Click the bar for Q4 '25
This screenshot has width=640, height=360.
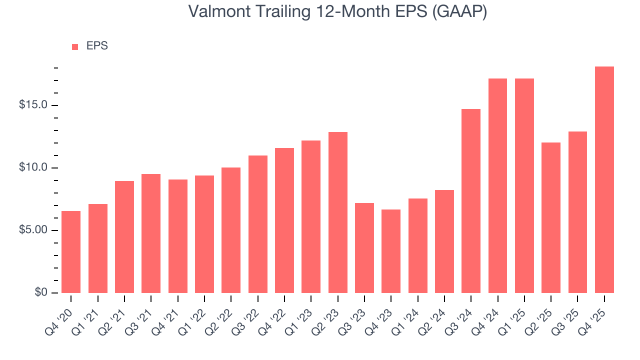tap(604, 180)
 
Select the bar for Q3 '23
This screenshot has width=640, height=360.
tap(364, 248)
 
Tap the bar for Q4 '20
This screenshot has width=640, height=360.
tap(71, 252)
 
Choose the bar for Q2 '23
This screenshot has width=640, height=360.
tap(338, 212)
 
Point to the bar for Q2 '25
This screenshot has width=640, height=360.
tap(551, 217)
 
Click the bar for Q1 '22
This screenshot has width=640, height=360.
tap(204, 234)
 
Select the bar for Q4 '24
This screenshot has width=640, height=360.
tap(497, 185)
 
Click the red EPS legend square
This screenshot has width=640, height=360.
tap(75, 46)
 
